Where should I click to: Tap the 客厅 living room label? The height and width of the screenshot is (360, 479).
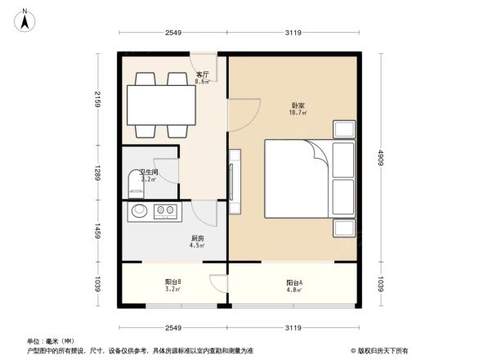pos(202,75)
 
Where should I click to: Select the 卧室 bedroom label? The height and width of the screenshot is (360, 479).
pos(298,106)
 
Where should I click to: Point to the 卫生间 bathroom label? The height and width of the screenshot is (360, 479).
pos(148,173)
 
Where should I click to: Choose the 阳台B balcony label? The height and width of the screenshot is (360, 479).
pos(172,282)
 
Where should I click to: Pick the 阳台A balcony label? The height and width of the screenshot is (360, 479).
pos(294,282)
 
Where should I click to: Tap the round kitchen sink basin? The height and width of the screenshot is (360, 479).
pos(140,211)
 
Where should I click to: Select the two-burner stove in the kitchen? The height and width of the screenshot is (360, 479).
pos(165,211)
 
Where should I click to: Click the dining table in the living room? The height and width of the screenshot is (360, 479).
pos(159,104)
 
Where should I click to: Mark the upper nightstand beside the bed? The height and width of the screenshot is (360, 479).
pos(343,130)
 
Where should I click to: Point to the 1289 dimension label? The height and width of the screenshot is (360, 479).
pos(96,173)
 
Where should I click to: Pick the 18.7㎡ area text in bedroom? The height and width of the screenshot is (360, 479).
pos(298,113)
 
